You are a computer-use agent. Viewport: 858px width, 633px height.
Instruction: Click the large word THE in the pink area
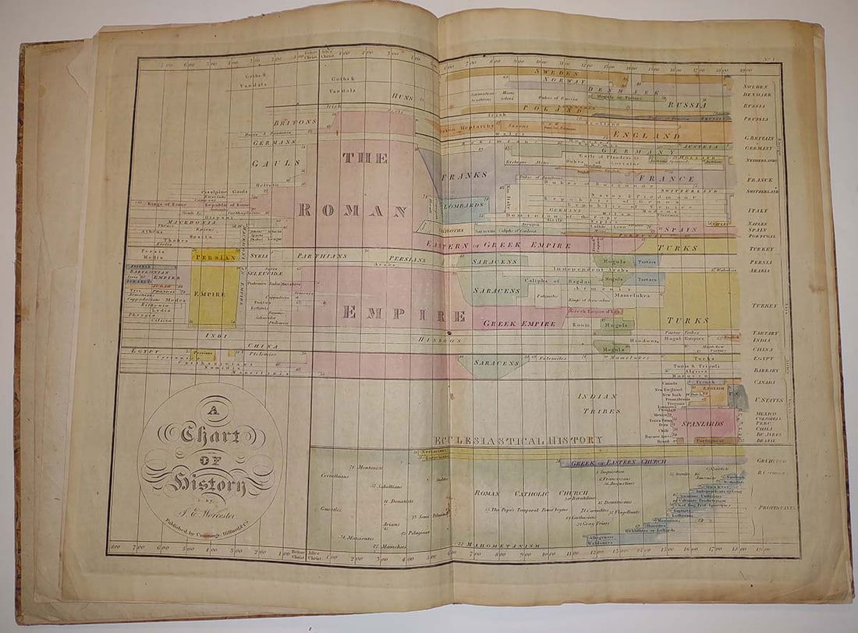364,159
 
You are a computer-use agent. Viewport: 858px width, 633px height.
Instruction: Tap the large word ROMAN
352,211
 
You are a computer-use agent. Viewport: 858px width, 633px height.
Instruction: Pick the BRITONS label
295,122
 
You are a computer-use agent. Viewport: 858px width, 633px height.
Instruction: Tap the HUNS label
402,98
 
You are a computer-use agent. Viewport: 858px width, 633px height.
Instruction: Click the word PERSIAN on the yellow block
214,256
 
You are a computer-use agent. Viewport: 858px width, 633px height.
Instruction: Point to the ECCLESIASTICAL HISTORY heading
518,440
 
